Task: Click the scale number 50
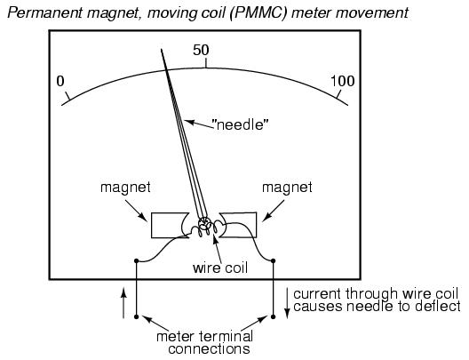click(201, 50)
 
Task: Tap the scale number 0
click(60, 81)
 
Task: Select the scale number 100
click(343, 81)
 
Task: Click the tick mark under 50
click(206, 63)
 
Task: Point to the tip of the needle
click(162, 49)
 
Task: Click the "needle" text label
click(240, 124)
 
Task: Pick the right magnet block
click(238, 225)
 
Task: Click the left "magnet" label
click(125, 188)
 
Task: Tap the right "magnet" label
click(287, 188)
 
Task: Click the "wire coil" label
click(220, 268)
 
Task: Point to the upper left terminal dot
click(137, 261)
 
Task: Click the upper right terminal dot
click(273, 261)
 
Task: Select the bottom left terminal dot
click(137, 316)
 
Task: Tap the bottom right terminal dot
click(273, 316)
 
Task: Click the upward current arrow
click(123, 303)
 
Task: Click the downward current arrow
click(287, 303)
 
